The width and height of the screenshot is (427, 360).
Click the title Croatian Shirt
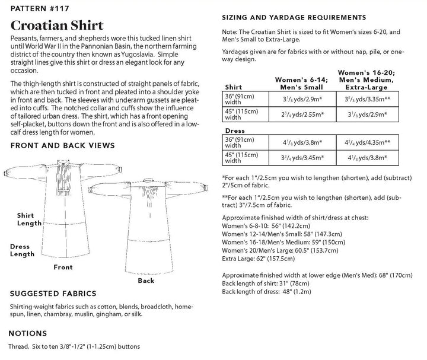[57, 26]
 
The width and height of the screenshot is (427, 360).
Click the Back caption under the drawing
[145, 280]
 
